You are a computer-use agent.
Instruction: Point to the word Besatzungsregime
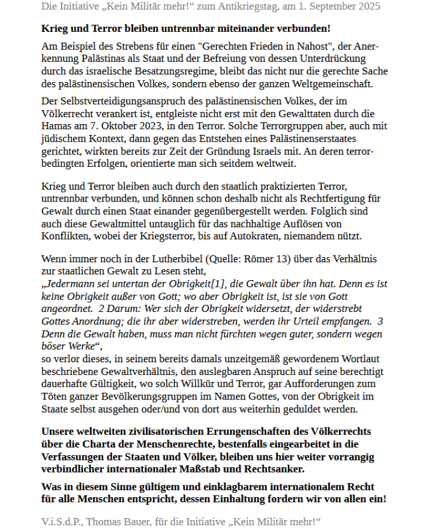click(x=154, y=71)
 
